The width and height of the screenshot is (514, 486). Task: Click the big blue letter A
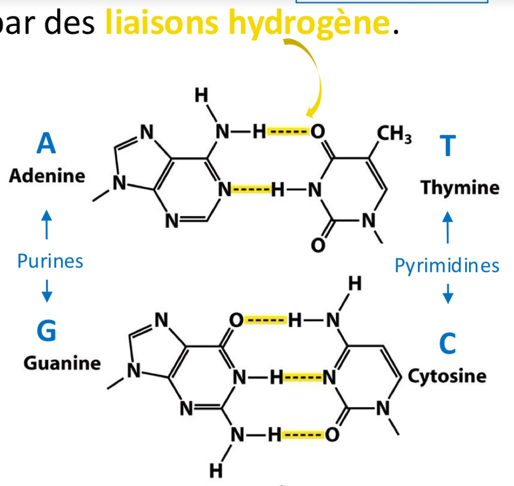click(46, 143)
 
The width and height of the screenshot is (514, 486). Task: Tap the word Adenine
click(47, 176)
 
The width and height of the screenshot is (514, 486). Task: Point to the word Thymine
click(460, 188)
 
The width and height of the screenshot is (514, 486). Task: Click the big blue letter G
click(46, 331)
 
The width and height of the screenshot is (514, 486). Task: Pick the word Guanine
click(62, 363)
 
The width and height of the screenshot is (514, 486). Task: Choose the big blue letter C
click(447, 343)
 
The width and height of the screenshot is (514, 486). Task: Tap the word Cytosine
click(447, 376)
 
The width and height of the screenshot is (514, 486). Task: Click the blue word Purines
click(50, 261)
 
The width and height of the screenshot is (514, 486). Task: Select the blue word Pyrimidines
click(447, 266)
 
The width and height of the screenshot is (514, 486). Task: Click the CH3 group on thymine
click(394, 134)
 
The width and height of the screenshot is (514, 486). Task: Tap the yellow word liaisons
click(162, 22)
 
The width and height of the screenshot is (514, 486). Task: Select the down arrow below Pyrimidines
click(448, 294)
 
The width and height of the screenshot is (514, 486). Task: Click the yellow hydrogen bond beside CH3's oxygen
click(288, 132)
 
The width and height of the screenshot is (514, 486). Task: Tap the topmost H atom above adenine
click(201, 95)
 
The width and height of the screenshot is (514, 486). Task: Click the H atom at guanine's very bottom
click(216, 471)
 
